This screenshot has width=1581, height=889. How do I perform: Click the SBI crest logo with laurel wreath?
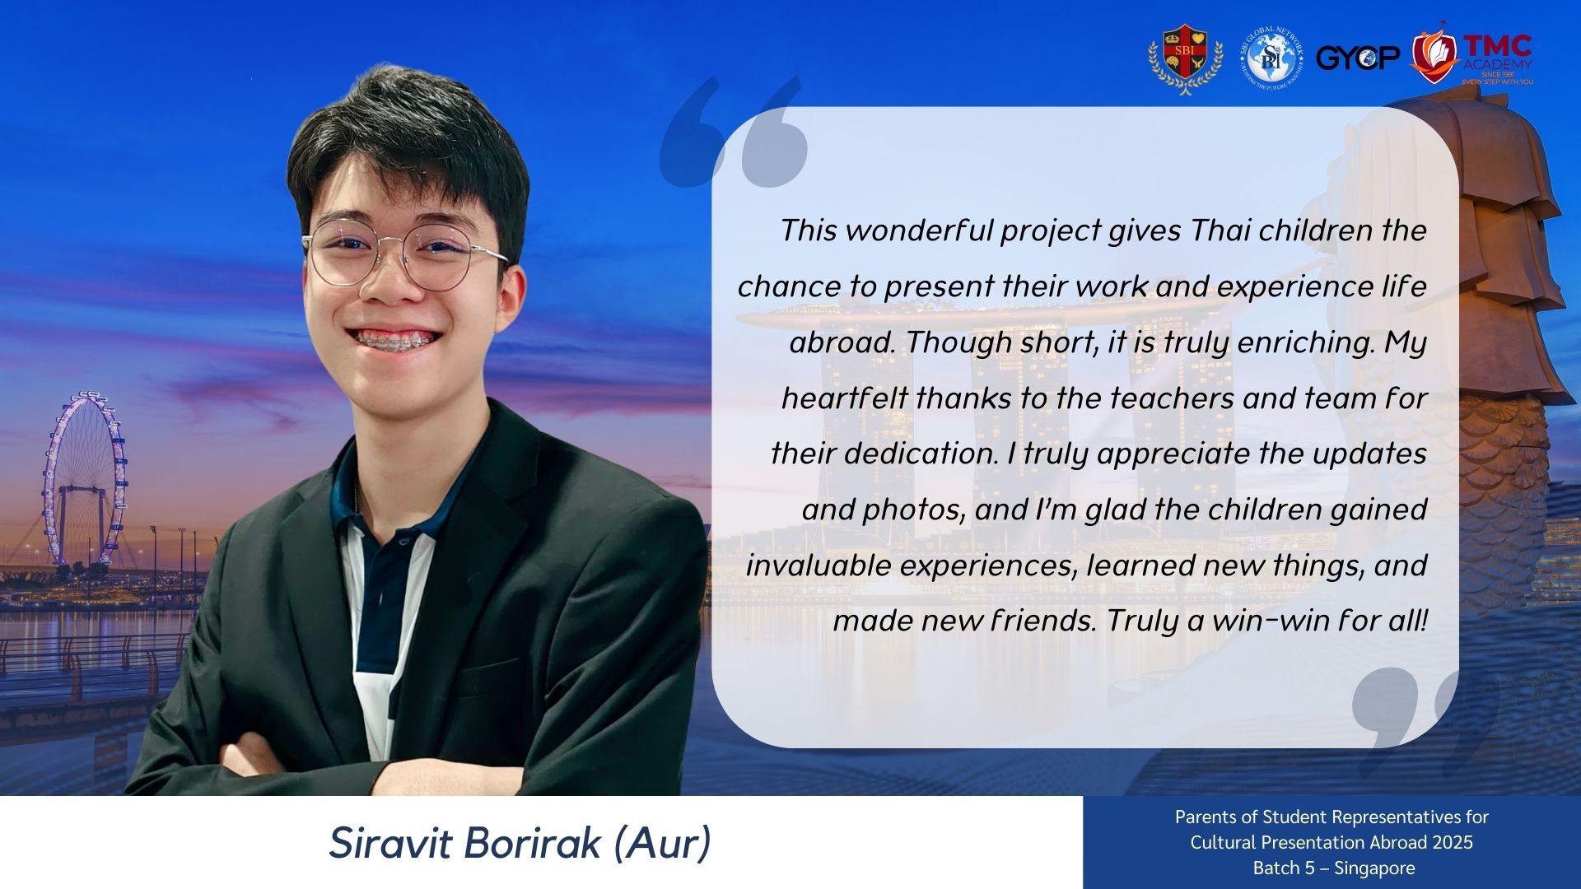pos(1185,58)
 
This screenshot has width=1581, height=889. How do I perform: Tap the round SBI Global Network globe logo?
pos(1271,58)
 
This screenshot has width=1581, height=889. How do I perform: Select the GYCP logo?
pos(1358,58)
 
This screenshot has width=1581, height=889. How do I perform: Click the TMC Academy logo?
pos(1471,56)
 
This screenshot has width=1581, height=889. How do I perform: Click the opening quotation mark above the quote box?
pos(733,132)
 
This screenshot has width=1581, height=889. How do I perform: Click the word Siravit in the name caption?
pos(391,843)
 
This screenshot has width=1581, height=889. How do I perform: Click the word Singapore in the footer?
pos(1374,868)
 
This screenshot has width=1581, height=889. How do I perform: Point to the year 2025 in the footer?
pos(1453,842)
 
